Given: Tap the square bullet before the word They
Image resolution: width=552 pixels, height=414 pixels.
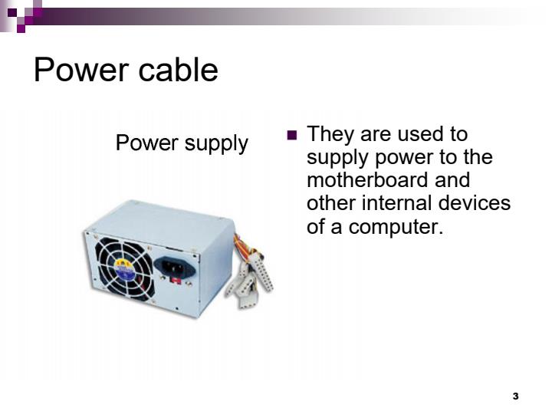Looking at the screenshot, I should (x=291, y=136).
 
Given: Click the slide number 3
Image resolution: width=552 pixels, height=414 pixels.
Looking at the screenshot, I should (x=515, y=396).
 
